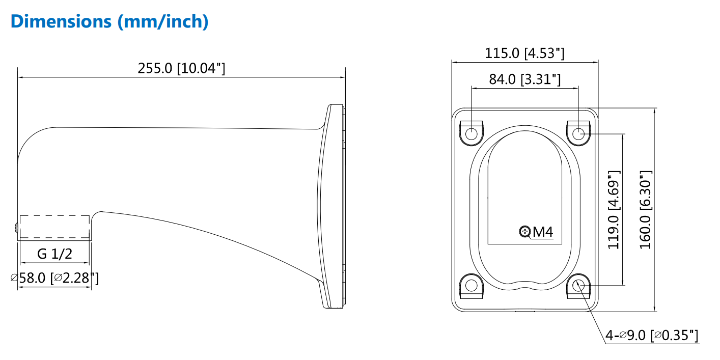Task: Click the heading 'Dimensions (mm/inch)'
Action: (109, 21)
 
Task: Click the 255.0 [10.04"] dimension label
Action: (181, 68)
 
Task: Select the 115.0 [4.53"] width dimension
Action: (524, 53)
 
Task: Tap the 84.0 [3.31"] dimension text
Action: (524, 79)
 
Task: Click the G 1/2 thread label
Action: (54, 254)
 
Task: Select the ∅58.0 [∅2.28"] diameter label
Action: (54, 278)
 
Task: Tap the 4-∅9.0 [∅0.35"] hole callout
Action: (652, 335)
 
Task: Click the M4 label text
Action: (543, 232)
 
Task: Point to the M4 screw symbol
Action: (525, 232)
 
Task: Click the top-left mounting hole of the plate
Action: (472, 134)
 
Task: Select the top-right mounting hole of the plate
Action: (578, 134)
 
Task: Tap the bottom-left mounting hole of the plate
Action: (472, 286)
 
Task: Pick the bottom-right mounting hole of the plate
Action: (578, 286)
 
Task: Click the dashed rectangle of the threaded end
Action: (54, 227)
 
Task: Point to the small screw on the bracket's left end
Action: (16, 227)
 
